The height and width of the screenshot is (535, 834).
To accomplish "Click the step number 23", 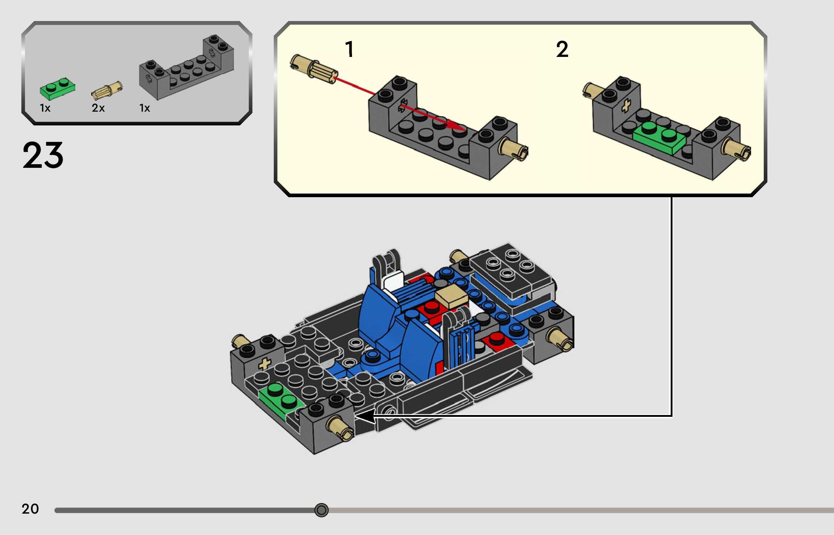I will click(43, 155).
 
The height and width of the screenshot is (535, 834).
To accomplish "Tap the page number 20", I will click(30, 509).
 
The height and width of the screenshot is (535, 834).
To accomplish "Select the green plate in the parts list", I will click(58, 88).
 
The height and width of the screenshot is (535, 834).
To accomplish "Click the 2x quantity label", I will click(98, 108).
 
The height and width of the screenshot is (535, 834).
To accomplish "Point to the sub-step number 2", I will click(562, 49).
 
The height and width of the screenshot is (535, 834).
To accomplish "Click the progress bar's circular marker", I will click(321, 510).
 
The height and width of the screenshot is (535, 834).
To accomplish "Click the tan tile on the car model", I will click(451, 296).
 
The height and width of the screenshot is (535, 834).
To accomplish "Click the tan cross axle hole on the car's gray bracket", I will click(265, 364).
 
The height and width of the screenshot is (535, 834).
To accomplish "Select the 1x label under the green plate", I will click(45, 108).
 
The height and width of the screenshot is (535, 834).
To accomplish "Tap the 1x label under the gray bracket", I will click(144, 108).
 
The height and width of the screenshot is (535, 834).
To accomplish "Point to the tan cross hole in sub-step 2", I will click(626, 106).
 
